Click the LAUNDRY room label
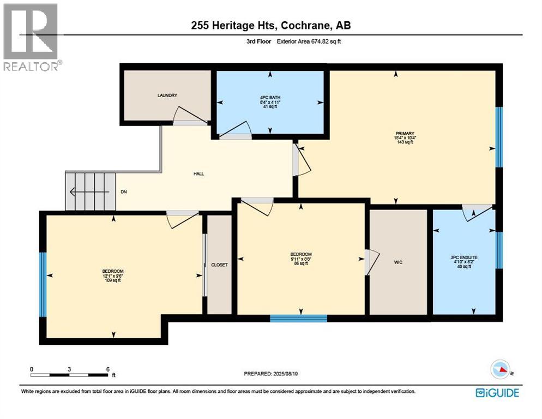click(x=167, y=95)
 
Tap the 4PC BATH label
click(x=270, y=98)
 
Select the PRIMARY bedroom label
click(x=405, y=133)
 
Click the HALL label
click(x=198, y=173)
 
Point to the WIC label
click(x=398, y=262)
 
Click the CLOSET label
click(x=219, y=265)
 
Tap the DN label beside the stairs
click(x=124, y=192)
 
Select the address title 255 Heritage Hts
click(x=271, y=26)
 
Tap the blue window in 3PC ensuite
click(x=498, y=250)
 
